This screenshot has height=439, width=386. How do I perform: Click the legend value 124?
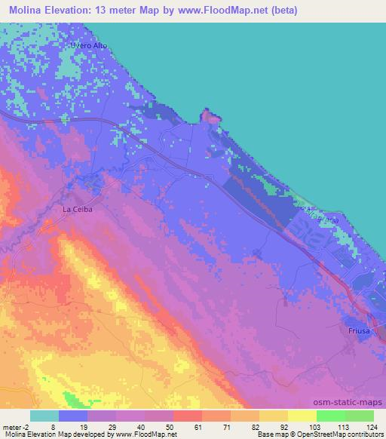(370, 427)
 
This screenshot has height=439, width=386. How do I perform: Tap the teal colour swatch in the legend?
(44, 416)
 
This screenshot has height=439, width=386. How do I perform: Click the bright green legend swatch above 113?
(330, 416)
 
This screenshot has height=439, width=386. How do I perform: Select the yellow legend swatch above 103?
(302, 416)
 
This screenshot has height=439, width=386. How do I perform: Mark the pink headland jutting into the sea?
(212, 117)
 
